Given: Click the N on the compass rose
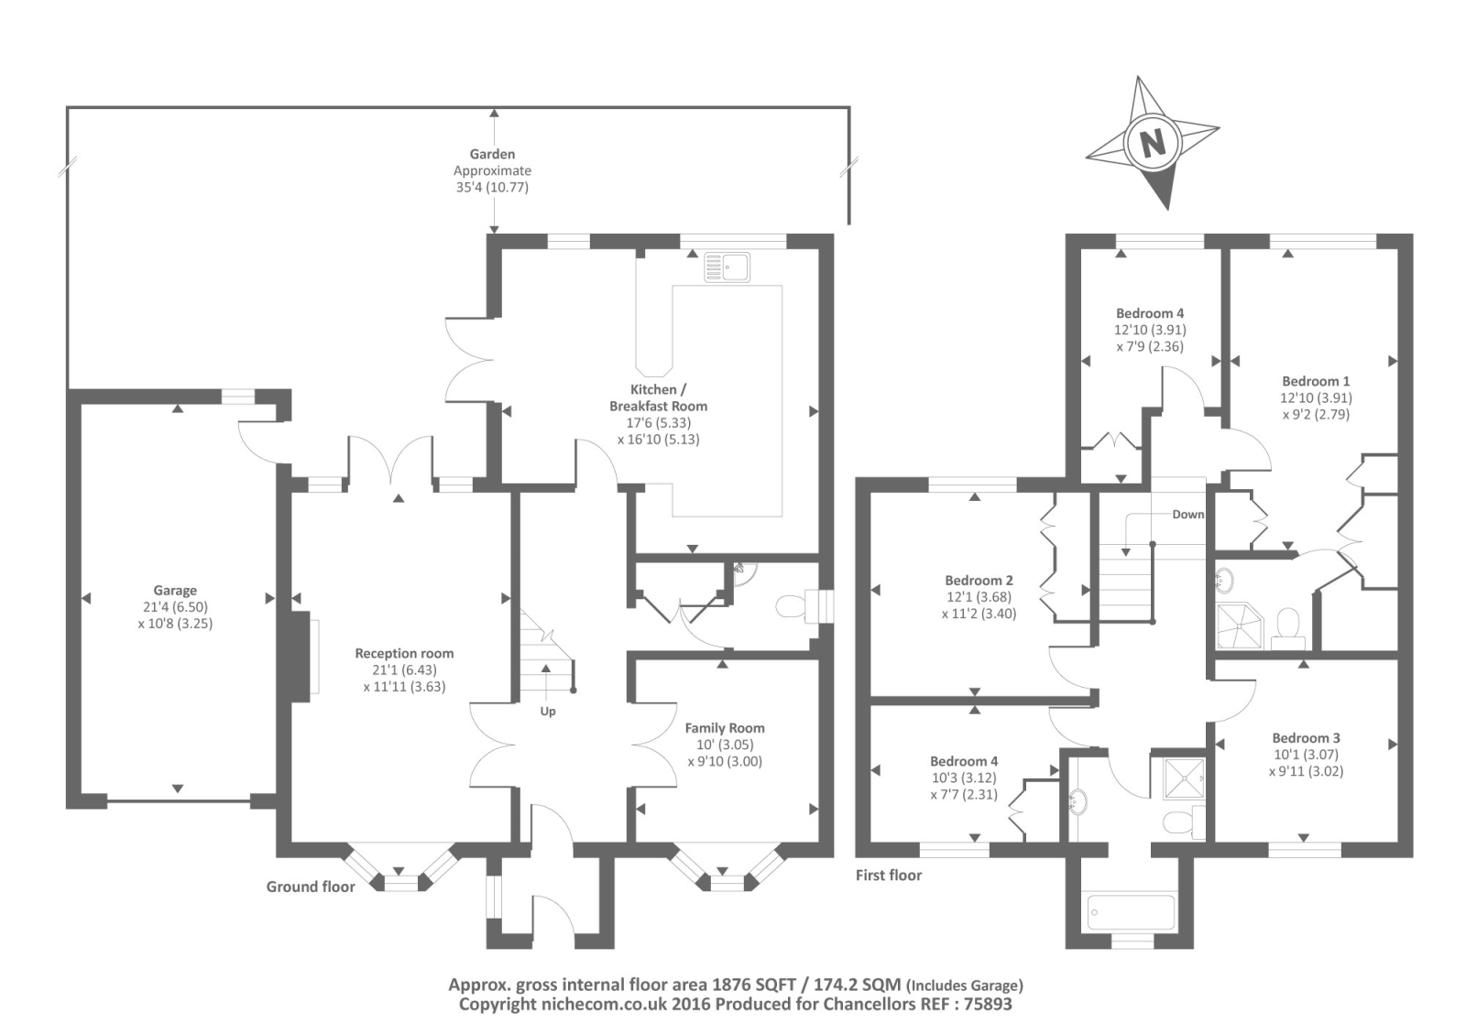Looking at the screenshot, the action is pos(1153,143).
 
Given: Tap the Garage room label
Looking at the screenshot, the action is pos(175,590).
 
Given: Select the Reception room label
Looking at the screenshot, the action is pos(404,653).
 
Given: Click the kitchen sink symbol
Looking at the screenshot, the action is pos(728,267).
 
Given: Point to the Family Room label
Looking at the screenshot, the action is pos(725,727).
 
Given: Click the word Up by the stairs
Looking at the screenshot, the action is pos(548,711).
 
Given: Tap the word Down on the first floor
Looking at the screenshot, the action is pos(1187,514).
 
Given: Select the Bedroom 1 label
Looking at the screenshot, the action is pos(1316,381).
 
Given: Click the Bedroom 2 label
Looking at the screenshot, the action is pos(979,580).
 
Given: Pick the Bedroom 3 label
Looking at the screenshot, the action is pos(1306,738).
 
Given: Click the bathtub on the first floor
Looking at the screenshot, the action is pos(1131,911).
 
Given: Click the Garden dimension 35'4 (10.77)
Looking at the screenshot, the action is pos(492,187).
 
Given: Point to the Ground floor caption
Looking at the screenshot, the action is pos(311,887).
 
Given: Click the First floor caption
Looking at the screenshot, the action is pos(888,875).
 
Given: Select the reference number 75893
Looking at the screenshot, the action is pos(986,1004).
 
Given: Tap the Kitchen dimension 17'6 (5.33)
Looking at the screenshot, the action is pos(659,422).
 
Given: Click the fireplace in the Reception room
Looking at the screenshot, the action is pos(301,656).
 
